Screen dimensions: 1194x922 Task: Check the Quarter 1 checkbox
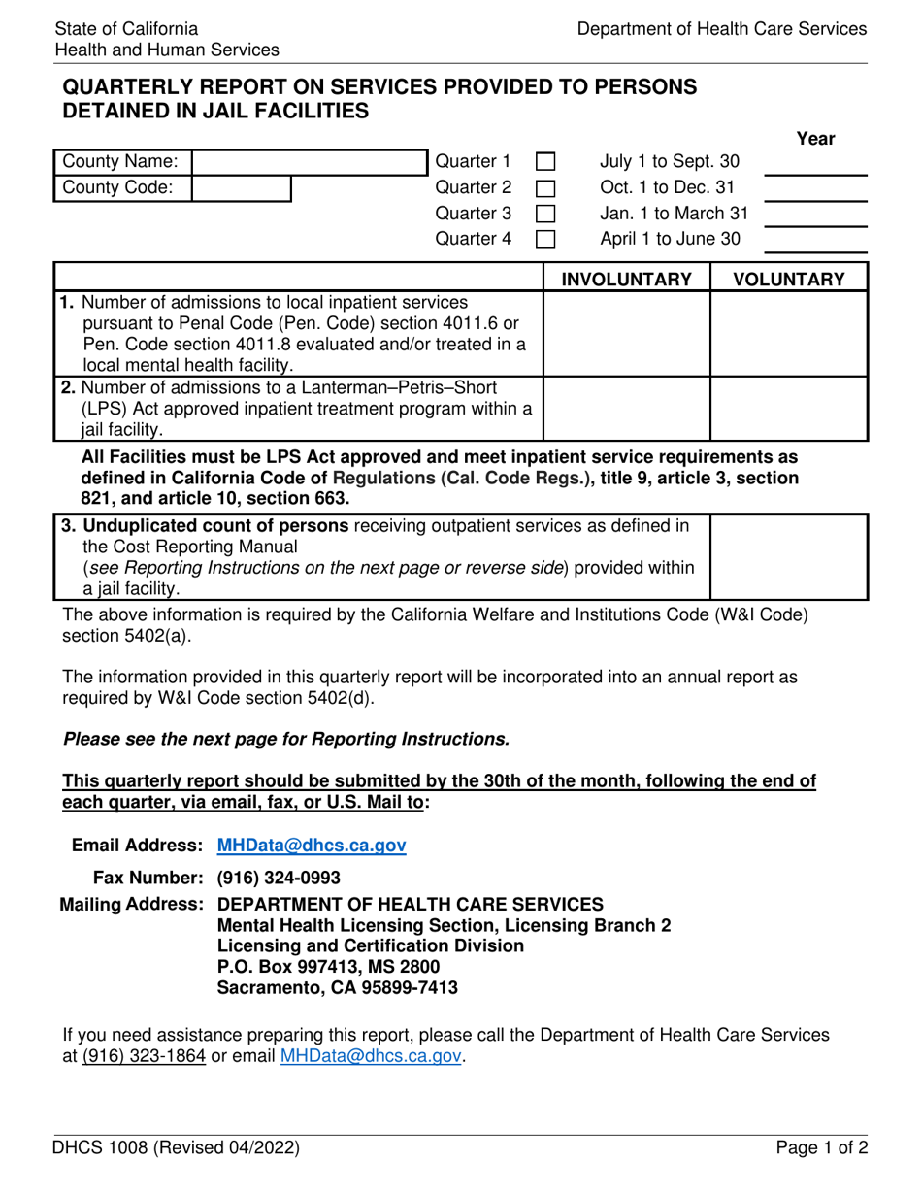(x=546, y=161)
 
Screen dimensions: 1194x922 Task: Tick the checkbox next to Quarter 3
(x=546, y=213)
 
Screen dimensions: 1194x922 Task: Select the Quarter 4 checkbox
(x=546, y=239)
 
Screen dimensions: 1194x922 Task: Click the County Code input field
(x=242, y=187)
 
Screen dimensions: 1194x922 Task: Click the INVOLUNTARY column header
(x=627, y=280)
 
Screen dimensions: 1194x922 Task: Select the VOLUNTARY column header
(x=789, y=280)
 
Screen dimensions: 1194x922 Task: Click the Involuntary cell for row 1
(x=627, y=335)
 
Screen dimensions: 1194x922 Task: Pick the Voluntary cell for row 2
(x=789, y=409)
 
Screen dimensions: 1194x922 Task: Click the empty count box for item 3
(x=789, y=557)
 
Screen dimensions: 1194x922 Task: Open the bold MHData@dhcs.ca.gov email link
(x=312, y=846)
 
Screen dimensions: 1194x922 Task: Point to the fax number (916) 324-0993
(x=279, y=879)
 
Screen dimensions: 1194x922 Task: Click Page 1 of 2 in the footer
(x=821, y=1148)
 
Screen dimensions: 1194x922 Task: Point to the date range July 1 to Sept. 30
(x=671, y=161)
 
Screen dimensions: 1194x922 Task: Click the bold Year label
(x=815, y=139)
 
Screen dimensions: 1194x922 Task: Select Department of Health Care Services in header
(x=722, y=29)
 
